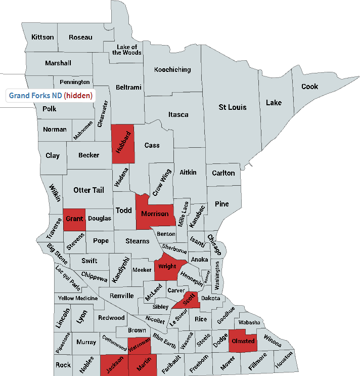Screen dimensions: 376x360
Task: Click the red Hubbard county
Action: tap(123, 144)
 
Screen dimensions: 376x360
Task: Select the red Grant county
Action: tap(74, 219)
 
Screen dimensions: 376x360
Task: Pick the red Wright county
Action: tap(167, 266)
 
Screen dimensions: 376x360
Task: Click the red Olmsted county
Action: tap(243, 341)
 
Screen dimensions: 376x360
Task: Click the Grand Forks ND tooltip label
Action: tap(35, 95)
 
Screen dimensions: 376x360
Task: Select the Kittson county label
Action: tap(42, 37)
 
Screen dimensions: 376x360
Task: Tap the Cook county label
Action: tap(309, 87)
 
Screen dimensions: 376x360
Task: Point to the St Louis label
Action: tap(232, 107)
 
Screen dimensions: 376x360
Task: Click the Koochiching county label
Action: tap(172, 69)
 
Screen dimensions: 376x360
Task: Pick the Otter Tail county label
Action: tap(89, 190)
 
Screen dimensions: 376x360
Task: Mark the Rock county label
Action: tap(63, 364)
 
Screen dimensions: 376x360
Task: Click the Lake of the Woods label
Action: tap(127, 49)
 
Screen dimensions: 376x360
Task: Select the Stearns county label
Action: tap(138, 241)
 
